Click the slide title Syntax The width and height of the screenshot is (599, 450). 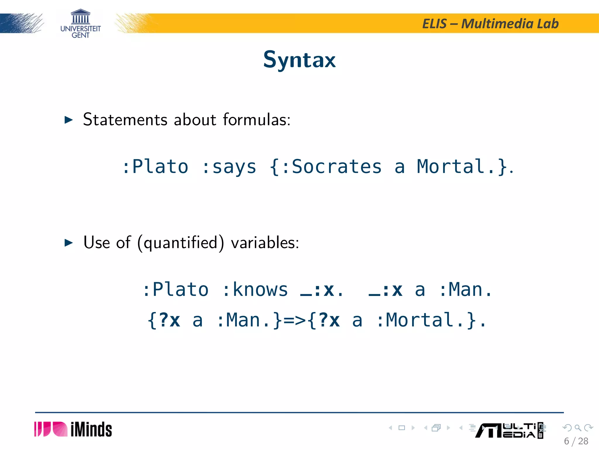coord(299,60)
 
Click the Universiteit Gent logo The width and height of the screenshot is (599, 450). coord(80,24)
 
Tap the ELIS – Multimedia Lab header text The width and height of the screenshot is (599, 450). coord(490,24)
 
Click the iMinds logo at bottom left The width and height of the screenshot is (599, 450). coord(73,429)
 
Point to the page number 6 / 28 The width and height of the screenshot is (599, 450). coord(576,441)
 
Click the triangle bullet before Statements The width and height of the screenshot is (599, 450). coord(68,120)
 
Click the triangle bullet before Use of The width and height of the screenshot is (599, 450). coord(68,243)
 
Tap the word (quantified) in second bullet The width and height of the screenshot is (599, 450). coord(180,243)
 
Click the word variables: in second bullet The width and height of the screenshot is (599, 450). coord(265,243)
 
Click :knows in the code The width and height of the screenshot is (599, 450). coord(255,290)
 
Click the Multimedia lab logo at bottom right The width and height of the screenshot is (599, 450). coord(509,430)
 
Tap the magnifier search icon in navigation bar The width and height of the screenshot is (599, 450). coord(578,428)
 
